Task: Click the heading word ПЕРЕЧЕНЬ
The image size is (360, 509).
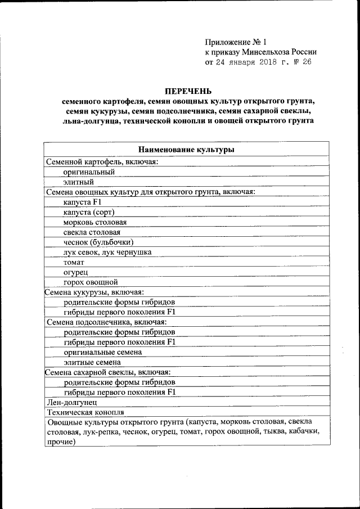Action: point(186,91)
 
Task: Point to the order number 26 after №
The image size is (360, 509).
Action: point(306,62)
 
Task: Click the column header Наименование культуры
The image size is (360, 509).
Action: point(186,150)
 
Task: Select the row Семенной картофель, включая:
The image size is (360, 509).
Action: point(102,161)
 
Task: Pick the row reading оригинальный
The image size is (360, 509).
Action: point(89,172)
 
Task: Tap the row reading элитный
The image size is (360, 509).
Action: point(78,182)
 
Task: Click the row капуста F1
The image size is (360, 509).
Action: point(82,202)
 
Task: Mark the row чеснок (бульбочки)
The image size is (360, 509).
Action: point(98,242)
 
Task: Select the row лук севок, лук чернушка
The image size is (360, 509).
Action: point(107,252)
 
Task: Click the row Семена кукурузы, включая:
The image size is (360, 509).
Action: point(94,292)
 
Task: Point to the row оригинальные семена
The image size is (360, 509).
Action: point(103,352)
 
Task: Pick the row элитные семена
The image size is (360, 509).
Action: point(92,362)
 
